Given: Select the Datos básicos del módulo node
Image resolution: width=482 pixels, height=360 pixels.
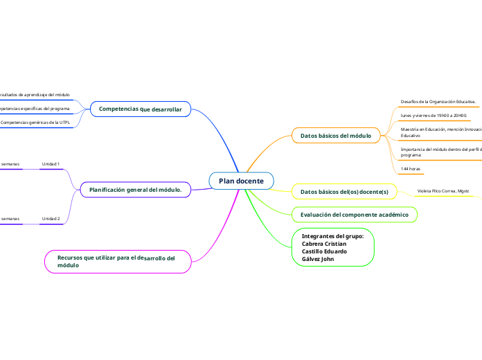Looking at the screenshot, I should pos(336,136).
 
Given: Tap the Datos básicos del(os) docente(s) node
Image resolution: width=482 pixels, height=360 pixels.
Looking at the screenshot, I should pos(344,191).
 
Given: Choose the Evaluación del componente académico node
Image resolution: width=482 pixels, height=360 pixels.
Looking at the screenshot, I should pos(354,215).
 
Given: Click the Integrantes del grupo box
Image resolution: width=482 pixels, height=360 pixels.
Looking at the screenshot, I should pos(333,247).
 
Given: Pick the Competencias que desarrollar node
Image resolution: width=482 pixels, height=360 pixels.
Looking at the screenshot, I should pos(141,109).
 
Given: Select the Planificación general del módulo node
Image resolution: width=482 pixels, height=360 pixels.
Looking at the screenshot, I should pos(136,189).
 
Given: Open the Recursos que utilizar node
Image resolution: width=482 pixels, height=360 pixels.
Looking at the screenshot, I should pos(116,261).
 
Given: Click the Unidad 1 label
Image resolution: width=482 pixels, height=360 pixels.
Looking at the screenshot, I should pos(51,164).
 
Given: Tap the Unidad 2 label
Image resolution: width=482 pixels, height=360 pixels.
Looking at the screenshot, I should pos(51,219).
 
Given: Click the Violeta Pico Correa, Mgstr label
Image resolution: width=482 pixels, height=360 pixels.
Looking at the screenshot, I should pos(443,190).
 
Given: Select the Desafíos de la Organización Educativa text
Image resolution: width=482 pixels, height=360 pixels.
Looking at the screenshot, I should pos(438,102).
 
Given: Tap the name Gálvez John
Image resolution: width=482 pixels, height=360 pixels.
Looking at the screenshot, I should pos(318,259).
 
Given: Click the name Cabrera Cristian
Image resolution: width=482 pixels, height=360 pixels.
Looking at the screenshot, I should pos(324,244).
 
